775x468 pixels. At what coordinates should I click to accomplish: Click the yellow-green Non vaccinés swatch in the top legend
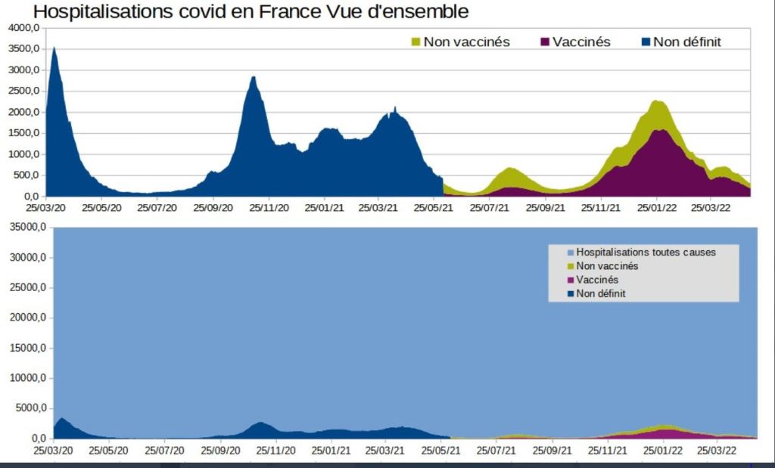(x=415, y=42)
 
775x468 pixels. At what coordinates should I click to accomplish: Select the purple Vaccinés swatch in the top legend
(x=544, y=42)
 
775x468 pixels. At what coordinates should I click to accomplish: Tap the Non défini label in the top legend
(x=686, y=42)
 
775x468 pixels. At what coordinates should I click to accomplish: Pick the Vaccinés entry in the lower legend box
(x=598, y=280)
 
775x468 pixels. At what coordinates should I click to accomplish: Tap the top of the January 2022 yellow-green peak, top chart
(x=658, y=102)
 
